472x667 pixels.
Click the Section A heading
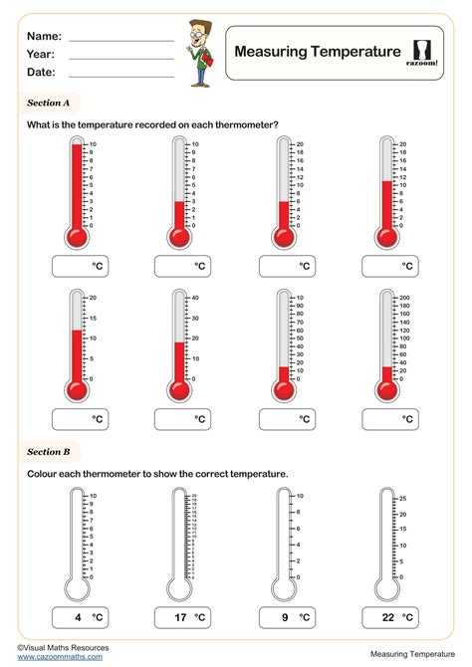pyautogui.click(x=49, y=102)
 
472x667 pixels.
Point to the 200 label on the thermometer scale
pyautogui.click(x=404, y=298)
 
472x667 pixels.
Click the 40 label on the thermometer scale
pyautogui.click(x=196, y=298)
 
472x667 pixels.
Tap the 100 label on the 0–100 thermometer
pyautogui.click(x=300, y=298)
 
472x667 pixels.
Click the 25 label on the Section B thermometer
pyautogui.click(x=403, y=497)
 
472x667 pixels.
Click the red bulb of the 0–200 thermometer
pyautogui.click(x=385, y=387)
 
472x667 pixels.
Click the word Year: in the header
pyautogui.click(x=41, y=55)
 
